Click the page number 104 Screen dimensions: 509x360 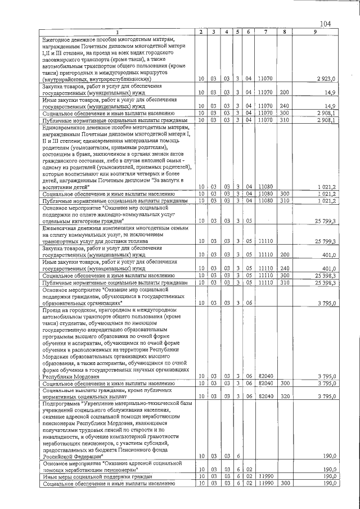(x=325, y=23)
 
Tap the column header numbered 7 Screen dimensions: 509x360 (x=265, y=32)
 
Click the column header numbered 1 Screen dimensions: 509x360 (x=117, y=32)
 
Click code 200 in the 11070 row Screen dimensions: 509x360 (x=284, y=92)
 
